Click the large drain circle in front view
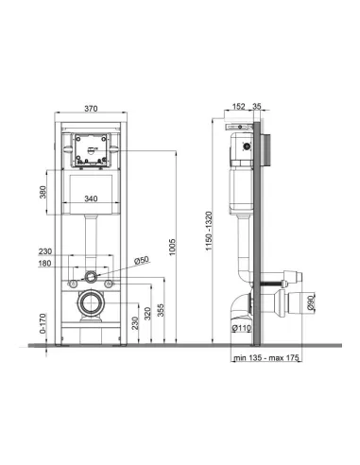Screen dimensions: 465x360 click(x=92, y=304)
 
